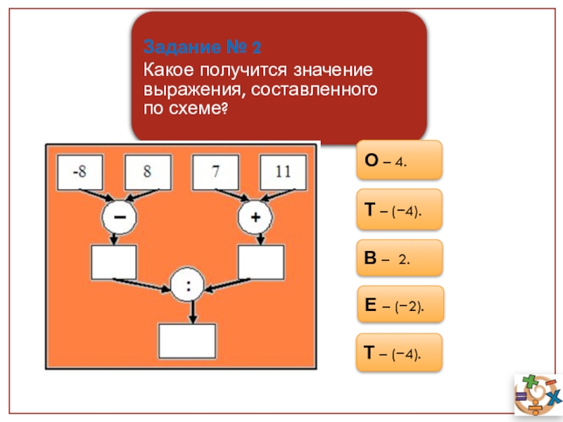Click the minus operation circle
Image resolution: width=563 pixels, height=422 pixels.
pos(120,217)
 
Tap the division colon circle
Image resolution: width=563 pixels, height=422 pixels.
pos(188,286)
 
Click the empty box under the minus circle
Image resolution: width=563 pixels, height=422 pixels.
pos(114,263)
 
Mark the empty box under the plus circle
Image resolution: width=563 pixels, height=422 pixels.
pos(261,263)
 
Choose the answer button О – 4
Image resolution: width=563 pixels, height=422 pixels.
pos(400,160)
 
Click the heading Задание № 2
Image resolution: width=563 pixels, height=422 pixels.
pos(203,48)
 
